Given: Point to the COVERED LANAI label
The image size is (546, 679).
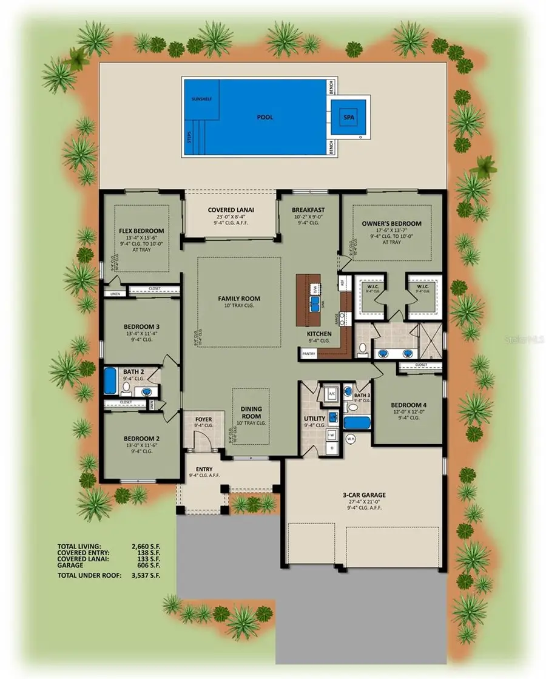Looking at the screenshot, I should (231, 209).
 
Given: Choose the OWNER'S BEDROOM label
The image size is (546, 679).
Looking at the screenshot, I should (391, 223).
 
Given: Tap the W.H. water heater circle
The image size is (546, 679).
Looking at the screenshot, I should (350, 438).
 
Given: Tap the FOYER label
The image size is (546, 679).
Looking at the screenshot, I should (203, 419).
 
